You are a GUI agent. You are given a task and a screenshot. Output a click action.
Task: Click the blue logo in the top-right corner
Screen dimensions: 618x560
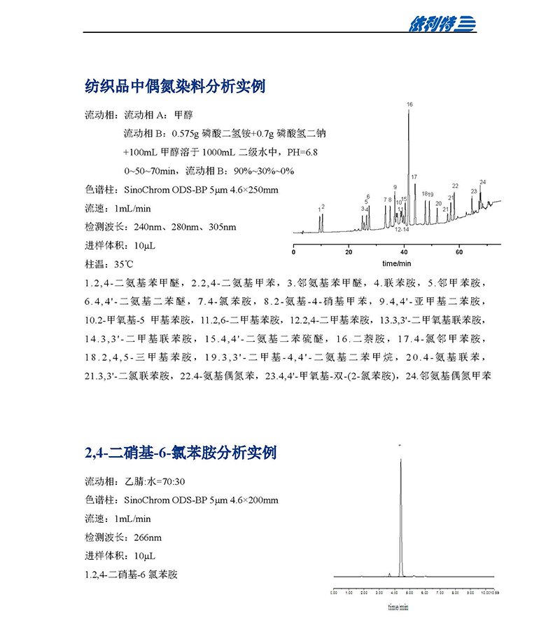point(442,24)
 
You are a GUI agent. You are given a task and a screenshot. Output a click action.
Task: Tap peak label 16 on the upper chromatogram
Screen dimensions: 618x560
point(409,104)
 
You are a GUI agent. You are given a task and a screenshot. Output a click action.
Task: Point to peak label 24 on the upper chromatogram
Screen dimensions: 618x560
point(482,182)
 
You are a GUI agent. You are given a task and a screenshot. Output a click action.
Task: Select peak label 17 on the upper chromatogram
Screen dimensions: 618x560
point(414,177)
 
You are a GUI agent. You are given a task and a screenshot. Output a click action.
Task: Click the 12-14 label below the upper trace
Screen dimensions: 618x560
point(402,229)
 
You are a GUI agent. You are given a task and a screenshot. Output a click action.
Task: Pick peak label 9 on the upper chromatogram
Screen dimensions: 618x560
point(395,187)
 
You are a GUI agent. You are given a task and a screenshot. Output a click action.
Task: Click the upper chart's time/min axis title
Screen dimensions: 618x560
point(396,263)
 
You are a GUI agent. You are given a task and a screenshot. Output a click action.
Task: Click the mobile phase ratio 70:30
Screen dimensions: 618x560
point(172,482)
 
